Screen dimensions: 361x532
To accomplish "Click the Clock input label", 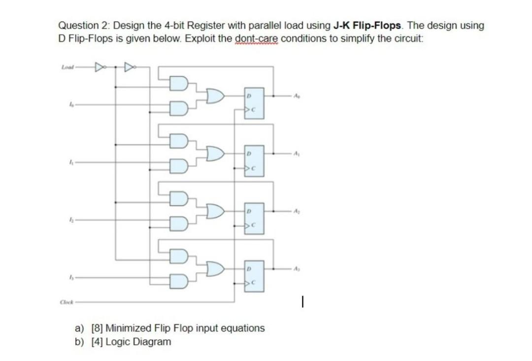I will pos(66,302).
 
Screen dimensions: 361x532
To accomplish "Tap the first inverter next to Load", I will pos(99,66).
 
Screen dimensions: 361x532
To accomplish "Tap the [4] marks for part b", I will pos(98,342).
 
